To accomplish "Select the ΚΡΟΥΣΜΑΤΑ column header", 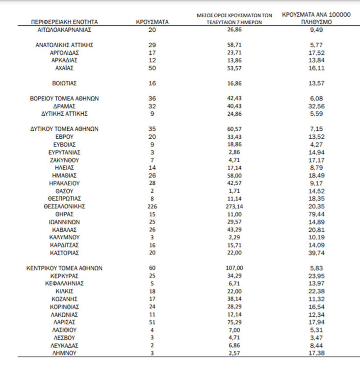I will click(152, 22).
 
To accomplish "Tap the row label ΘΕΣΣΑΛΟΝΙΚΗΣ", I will click(65, 206).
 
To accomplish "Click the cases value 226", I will click(152, 206).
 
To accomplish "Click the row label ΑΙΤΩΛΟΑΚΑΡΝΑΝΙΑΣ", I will click(64, 29).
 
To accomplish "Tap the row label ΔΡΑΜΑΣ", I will click(65, 106).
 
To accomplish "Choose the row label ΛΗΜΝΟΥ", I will click(65, 353).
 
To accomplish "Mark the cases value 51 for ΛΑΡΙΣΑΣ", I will click(152, 322).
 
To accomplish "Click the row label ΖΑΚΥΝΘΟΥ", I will click(65, 160).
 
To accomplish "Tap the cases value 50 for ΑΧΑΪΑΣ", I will click(152, 68).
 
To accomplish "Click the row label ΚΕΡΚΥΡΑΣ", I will click(65, 276).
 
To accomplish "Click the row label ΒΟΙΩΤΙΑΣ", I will click(65, 83).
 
